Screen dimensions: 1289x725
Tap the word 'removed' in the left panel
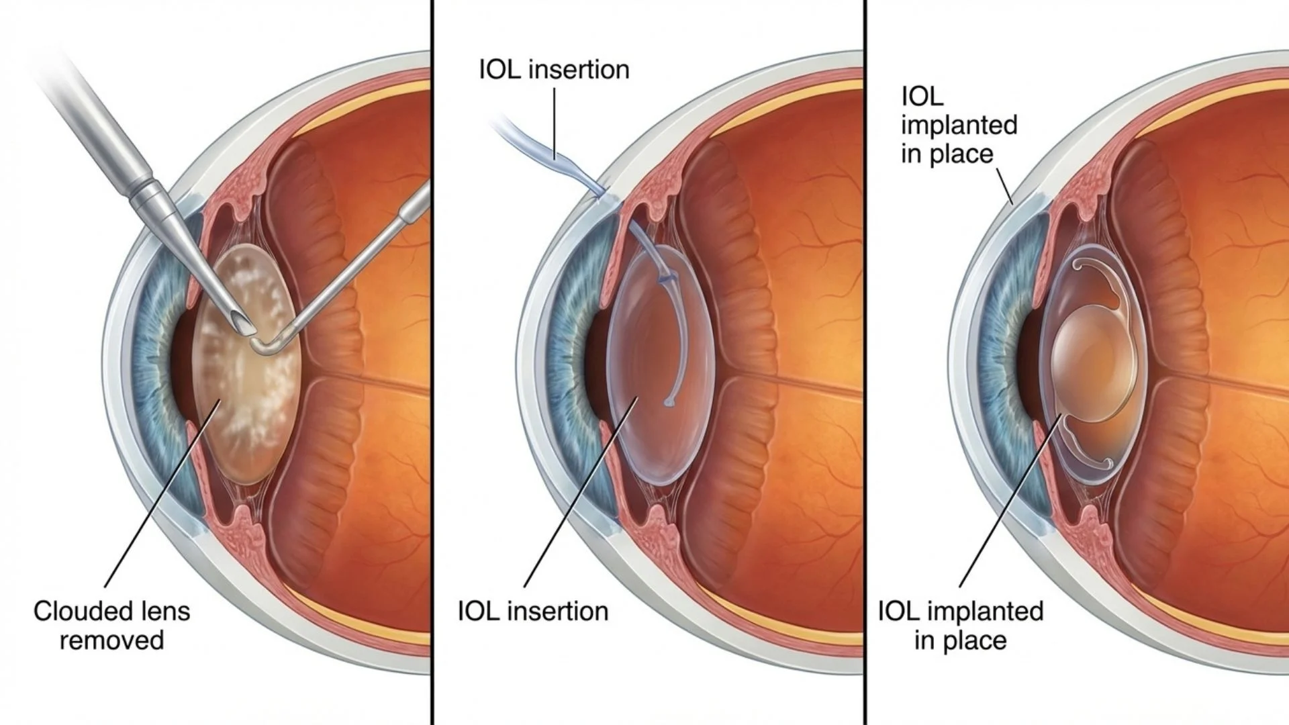(111, 640)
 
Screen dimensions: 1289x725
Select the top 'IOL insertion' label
(554, 70)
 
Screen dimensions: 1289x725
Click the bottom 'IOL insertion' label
(533, 612)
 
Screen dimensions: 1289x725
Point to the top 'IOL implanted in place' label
(959, 126)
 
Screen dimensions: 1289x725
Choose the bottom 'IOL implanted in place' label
(961, 626)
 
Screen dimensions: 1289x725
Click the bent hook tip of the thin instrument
(263, 345)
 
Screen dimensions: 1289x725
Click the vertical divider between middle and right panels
(865, 362)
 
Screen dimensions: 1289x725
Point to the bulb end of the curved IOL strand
(669, 403)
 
